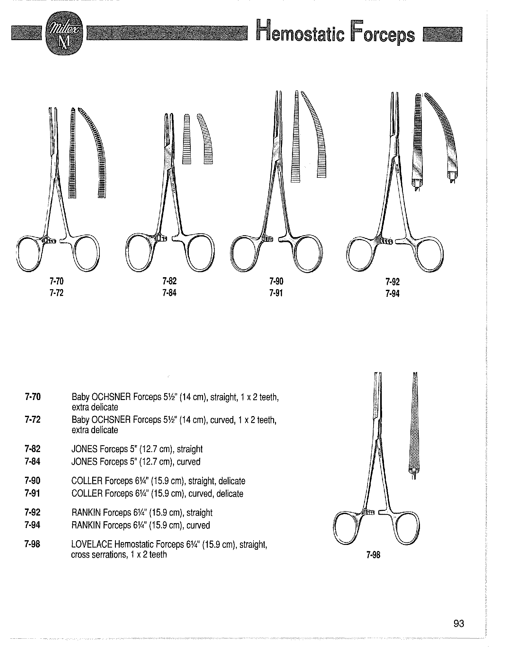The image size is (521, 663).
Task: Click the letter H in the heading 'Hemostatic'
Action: [264, 30]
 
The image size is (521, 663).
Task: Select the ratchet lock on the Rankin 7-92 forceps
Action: [387, 242]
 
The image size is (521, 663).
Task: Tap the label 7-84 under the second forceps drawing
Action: [169, 293]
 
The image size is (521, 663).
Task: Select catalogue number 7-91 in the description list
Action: [33, 493]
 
